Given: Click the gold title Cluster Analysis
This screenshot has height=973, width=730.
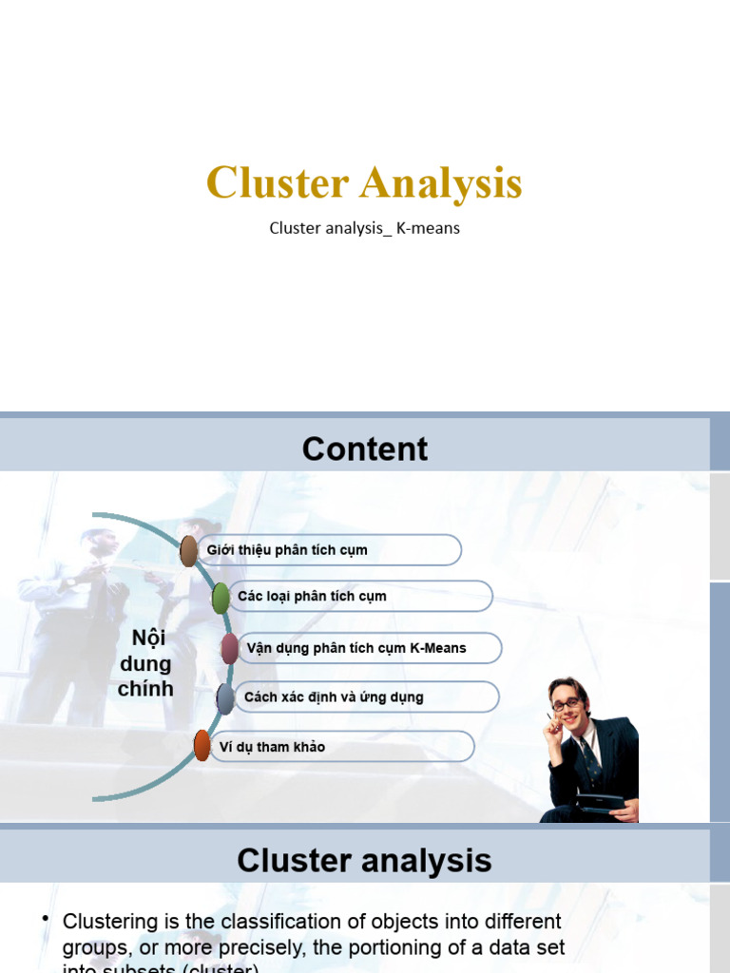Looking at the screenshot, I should [x=364, y=183].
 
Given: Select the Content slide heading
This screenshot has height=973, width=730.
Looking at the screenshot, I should [x=365, y=448].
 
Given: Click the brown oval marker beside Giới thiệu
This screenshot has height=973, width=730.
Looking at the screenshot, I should [x=189, y=550].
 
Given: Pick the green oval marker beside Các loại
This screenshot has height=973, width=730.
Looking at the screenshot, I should [x=221, y=597].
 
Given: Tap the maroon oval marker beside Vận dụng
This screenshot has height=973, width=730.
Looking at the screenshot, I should [x=229, y=648].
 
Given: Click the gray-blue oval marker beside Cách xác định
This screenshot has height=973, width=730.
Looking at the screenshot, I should [x=225, y=698].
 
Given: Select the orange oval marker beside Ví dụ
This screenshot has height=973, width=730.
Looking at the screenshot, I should [x=202, y=746].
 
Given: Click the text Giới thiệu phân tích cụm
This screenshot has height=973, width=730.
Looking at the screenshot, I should [x=287, y=550].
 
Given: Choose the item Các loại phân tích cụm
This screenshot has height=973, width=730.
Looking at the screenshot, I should [x=312, y=597].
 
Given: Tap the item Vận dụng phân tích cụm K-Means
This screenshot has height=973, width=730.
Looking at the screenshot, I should [x=356, y=648].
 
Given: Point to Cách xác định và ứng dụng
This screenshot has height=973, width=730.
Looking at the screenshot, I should [x=334, y=697].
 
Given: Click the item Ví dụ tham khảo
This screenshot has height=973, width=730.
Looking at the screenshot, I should [x=272, y=747].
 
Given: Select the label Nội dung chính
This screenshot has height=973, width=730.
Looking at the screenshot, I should [x=145, y=663].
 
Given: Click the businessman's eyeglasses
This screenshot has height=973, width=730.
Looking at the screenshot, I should [x=566, y=704].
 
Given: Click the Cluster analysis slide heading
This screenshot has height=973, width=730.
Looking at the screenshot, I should [x=364, y=861].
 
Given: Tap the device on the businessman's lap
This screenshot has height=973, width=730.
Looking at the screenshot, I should [x=601, y=804].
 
